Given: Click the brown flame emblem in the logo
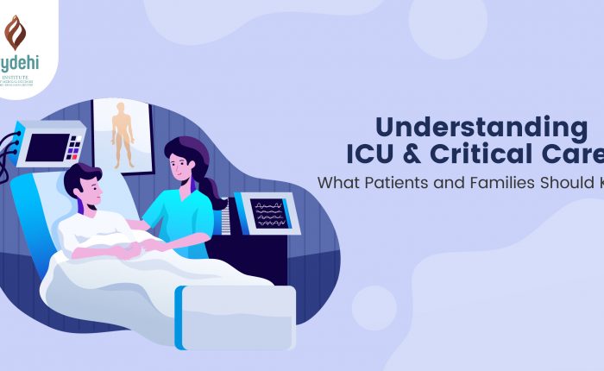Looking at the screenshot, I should pyautogui.click(x=16, y=33).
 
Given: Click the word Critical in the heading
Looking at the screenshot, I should pyautogui.click(x=501, y=157).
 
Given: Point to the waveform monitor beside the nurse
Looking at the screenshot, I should pyautogui.click(x=267, y=211).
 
